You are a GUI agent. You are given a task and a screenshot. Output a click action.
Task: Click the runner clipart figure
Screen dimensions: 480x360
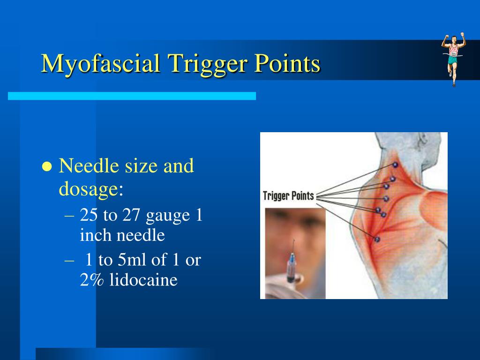453,59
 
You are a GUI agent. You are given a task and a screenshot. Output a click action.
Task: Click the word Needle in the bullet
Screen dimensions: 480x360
89,165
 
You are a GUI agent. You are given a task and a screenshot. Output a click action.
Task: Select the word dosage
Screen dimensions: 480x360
88,188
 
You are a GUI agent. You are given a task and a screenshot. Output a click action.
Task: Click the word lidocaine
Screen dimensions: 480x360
143,280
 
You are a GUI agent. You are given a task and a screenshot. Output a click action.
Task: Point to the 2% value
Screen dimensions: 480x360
91,280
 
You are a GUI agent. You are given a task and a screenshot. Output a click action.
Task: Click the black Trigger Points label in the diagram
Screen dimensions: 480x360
289,195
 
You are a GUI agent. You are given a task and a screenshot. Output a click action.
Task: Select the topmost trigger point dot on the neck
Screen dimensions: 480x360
395,165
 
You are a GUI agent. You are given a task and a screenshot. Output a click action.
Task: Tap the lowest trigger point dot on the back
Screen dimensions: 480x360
377,239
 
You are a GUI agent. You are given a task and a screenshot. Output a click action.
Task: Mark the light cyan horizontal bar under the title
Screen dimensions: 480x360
132,96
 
